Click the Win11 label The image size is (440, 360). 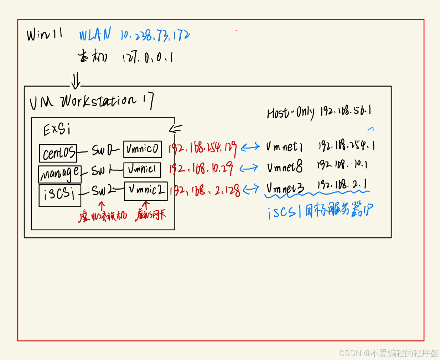pyautogui.click(x=45, y=35)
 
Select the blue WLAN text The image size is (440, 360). pyautogui.click(x=95, y=35)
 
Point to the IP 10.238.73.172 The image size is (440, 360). pyautogui.click(x=155, y=35)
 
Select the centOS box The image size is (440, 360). pyautogui.click(x=58, y=153)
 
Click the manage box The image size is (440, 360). pyautogui.click(x=60, y=174)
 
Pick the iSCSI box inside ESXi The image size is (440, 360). pyautogui.click(x=60, y=195)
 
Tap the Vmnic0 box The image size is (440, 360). pyautogui.click(x=143, y=149)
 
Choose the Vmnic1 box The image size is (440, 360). pyautogui.click(x=142, y=170)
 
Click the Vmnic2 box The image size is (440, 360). pyautogui.click(x=146, y=191)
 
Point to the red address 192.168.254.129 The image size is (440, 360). pyautogui.click(x=202, y=148)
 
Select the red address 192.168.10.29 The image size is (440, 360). pyautogui.click(x=201, y=168)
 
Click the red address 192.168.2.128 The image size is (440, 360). pyautogui.click(x=205, y=191)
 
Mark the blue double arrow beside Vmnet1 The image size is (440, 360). pyautogui.click(x=250, y=147)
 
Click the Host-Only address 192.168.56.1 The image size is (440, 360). pyautogui.click(x=346, y=111)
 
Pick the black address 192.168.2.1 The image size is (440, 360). pyautogui.click(x=342, y=185)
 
